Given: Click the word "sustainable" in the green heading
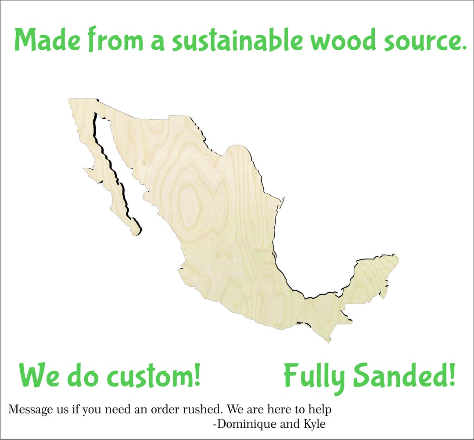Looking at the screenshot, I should point(237,40).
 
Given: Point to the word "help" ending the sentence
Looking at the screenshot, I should point(320,410).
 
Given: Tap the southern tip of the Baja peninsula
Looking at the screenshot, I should point(135,229).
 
